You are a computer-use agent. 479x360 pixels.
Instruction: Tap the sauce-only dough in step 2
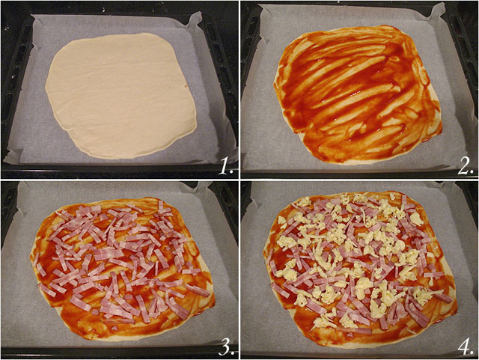click(358, 94)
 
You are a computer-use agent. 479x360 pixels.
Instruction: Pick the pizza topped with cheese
click(359, 266)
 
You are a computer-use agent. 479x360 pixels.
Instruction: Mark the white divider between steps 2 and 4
click(359, 179)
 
